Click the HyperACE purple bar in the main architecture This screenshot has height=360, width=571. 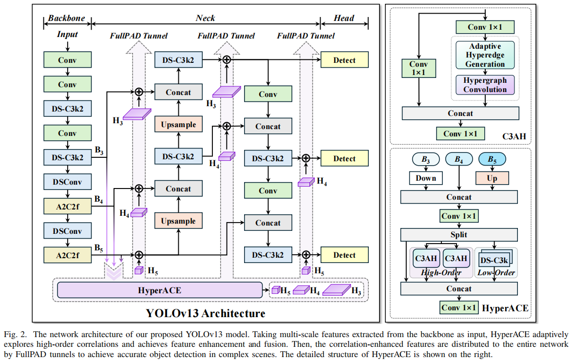160,290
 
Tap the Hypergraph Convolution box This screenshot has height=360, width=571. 485,85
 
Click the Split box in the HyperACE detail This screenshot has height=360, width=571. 458,235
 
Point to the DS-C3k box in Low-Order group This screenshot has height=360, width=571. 494,259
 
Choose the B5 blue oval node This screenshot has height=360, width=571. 492,159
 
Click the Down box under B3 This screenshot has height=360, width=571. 425,178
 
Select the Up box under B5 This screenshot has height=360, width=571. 492,178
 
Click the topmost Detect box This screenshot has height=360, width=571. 344,60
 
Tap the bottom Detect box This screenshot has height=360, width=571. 344,255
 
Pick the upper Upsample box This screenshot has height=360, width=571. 178,125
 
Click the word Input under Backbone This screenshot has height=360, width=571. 67,34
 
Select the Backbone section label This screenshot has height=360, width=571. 66,19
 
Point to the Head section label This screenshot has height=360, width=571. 344,19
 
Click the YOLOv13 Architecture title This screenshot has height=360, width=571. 206,313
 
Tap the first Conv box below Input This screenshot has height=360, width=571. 67,60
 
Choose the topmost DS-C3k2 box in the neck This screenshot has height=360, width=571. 178,60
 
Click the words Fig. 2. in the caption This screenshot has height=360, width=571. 15,334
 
